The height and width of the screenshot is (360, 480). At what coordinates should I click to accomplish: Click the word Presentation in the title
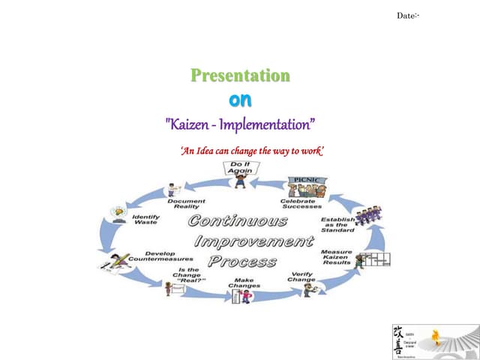(240, 76)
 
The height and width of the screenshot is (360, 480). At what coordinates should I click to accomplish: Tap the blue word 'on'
(240, 100)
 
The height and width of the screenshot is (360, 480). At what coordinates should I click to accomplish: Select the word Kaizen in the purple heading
(193, 123)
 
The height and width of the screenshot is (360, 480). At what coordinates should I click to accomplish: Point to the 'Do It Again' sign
(240, 167)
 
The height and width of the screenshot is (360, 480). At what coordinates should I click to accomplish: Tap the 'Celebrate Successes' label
(301, 203)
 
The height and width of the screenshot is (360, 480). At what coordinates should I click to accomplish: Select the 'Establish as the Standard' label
(337, 224)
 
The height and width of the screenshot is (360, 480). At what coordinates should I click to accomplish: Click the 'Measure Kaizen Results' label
(336, 256)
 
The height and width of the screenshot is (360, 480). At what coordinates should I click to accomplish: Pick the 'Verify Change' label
(301, 277)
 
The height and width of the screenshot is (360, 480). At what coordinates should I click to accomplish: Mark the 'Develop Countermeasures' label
(160, 256)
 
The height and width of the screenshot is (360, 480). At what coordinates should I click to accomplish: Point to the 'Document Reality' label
(186, 203)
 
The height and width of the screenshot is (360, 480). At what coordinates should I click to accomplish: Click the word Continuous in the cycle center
(238, 221)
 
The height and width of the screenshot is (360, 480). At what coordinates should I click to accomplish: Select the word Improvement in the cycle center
(253, 241)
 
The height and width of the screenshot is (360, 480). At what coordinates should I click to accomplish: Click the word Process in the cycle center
(241, 262)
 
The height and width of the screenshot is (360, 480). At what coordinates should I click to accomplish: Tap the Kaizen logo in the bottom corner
(435, 342)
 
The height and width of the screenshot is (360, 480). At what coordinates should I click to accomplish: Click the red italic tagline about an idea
(252, 151)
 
